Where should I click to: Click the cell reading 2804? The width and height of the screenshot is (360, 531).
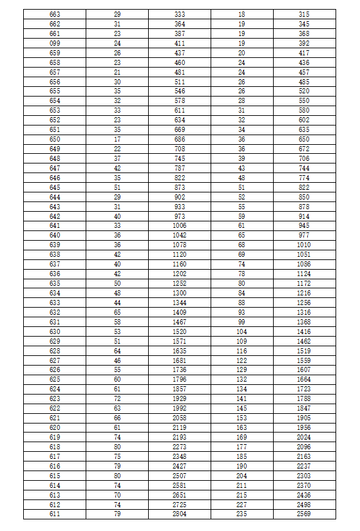click(180, 514)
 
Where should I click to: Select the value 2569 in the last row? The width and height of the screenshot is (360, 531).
click(304, 514)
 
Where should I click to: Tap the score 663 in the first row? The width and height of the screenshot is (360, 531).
click(55, 14)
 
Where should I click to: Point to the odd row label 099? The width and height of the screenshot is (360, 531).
click(55, 42)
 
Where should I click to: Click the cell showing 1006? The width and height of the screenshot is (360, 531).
click(180, 225)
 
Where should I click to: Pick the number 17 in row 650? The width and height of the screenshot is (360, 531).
click(117, 139)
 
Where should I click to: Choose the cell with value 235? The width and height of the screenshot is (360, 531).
click(242, 514)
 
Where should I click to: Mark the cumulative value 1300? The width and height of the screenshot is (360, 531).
click(180, 293)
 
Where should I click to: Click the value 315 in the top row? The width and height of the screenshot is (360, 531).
click(304, 14)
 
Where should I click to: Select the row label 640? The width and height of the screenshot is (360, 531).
click(55, 235)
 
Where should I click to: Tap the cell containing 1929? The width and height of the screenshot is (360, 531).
click(180, 398)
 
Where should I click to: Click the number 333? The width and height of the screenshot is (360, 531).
click(180, 14)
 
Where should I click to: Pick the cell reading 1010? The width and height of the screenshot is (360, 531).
click(304, 245)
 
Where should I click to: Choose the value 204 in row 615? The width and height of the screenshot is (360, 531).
click(242, 475)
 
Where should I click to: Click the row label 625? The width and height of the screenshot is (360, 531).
click(55, 379)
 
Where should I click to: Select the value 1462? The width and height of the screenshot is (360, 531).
click(304, 340)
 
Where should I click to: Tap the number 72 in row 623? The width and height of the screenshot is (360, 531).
click(117, 398)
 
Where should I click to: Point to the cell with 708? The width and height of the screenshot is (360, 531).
click(180, 149)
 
